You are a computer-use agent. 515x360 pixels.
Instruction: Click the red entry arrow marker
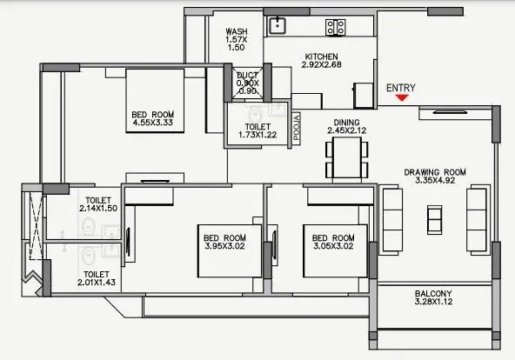pos(401,98)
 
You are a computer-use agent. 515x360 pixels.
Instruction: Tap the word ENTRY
pos(400,87)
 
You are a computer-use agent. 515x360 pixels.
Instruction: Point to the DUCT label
pos(248,76)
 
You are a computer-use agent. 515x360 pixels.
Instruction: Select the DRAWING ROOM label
pos(435,172)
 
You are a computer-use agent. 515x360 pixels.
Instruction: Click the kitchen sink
pos(278,23)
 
